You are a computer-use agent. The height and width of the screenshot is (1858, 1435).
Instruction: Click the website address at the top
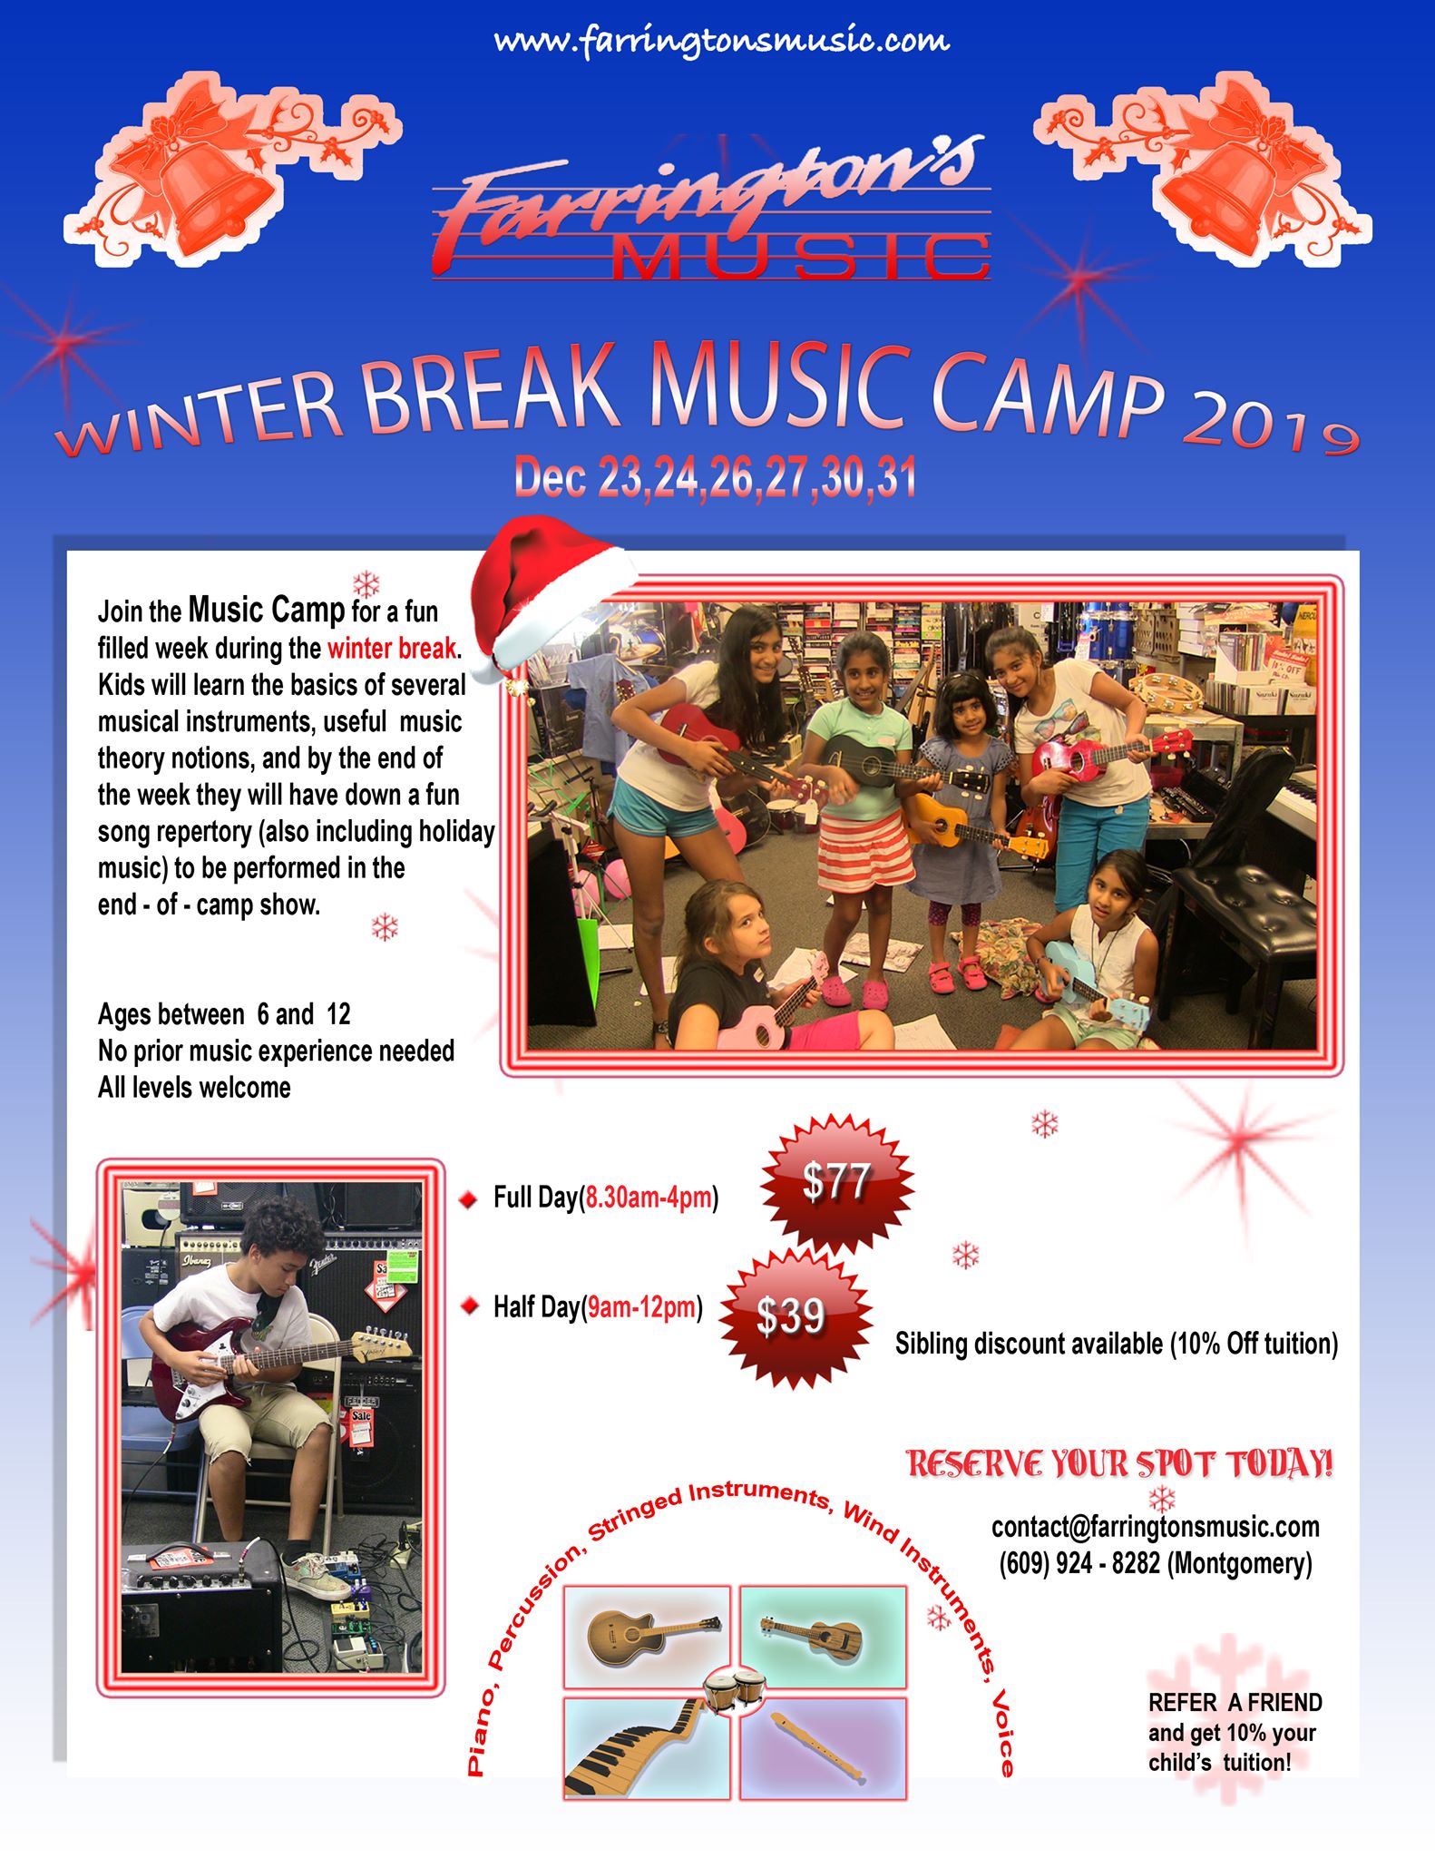(721, 41)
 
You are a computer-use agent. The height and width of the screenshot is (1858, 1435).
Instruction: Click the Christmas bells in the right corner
(1203, 168)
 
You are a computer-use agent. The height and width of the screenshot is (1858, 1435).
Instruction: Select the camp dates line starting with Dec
(715, 478)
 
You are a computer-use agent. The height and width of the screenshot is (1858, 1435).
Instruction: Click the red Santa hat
(552, 594)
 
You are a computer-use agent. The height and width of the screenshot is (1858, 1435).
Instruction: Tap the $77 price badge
(836, 1182)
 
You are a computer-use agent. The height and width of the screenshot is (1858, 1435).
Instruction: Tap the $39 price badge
(791, 1315)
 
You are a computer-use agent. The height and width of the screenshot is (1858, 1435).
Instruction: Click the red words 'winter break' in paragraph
(392, 649)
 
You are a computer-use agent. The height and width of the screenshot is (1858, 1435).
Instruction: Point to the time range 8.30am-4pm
(649, 1198)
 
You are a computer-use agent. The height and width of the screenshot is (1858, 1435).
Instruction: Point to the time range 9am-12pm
(642, 1307)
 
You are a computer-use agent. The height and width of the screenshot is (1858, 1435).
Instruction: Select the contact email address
(1156, 1527)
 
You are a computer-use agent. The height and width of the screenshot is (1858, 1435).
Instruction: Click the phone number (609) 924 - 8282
(1079, 1563)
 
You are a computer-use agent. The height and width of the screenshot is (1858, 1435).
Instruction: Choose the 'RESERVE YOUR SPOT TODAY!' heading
(1120, 1464)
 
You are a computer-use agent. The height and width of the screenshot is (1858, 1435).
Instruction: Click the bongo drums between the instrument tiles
(734, 1690)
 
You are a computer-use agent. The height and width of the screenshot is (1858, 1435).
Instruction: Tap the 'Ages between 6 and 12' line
(224, 1013)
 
